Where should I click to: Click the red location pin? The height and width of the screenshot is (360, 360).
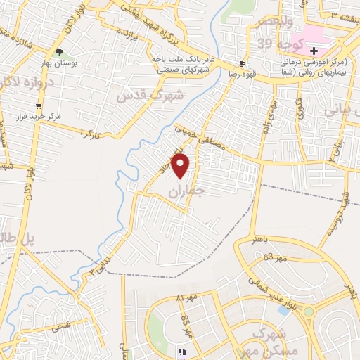pyautogui.click(x=181, y=167)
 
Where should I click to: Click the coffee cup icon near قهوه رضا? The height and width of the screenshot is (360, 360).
pyautogui.click(x=242, y=62)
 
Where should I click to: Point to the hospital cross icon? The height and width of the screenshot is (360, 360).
pyautogui.click(x=314, y=51)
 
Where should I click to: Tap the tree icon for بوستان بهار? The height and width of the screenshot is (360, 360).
pyautogui.click(x=59, y=51)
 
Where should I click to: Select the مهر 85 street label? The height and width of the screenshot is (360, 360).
pyautogui.click(x=187, y=326)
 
